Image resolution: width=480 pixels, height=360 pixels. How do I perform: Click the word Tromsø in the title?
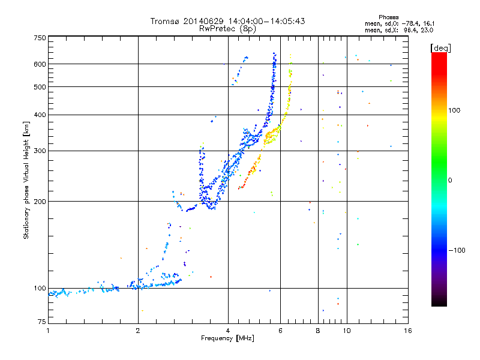tap(164, 21)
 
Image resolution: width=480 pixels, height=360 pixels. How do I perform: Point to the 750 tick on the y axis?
tap(40, 38)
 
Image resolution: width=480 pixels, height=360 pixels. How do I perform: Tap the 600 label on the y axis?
tap(40, 64)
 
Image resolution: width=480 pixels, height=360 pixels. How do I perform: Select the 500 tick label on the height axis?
tap(40, 87)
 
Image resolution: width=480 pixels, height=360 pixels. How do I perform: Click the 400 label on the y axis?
tap(40, 115)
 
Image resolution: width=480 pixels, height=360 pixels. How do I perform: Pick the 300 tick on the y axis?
tap(40, 151)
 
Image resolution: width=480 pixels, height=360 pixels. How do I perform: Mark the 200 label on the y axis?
tap(40, 202)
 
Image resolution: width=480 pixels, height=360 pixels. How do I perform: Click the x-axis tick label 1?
tap(48, 331)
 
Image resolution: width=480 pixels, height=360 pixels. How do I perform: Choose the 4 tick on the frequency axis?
tap(227, 331)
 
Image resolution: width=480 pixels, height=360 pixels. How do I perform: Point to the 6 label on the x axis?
tap(280, 331)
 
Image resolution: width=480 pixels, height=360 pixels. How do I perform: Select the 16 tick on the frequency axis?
tap(407, 331)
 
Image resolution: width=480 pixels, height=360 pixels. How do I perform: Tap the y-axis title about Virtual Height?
tap(26, 180)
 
